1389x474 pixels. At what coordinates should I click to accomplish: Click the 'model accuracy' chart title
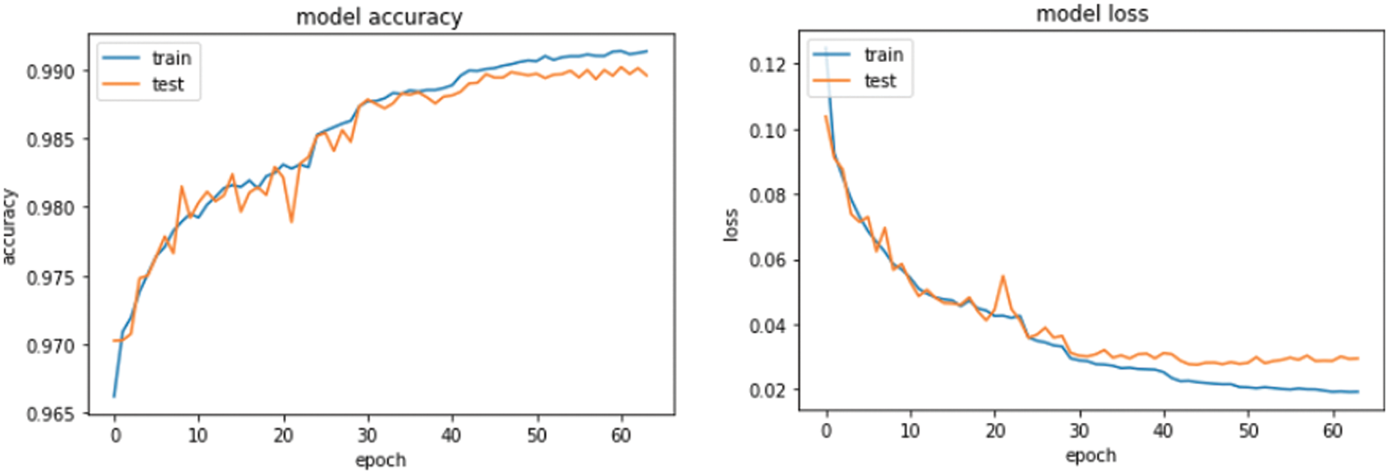coord(379,17)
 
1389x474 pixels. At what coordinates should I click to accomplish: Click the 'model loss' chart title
coord(1092,14)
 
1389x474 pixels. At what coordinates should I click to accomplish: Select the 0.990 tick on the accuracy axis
coord(50,72)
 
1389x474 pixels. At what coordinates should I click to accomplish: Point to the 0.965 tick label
coord(50,414)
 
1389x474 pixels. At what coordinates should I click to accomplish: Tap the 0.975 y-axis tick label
coord(50,278)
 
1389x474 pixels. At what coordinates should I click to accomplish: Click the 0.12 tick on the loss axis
coord(768,64)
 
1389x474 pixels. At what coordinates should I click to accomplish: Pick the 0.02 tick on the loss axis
coord(768,390)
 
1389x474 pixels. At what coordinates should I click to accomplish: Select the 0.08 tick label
coord(768,195)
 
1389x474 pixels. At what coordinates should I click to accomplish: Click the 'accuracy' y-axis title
coord(9,226)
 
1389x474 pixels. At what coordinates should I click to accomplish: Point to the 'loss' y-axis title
coord(730,224)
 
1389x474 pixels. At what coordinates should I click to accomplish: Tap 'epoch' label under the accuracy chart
coord(380,460)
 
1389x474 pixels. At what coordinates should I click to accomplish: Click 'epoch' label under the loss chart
coord(1091,456)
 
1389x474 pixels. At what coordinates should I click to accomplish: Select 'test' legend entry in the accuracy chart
coord(167,85)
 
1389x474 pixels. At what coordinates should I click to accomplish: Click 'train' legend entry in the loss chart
coord(883,55)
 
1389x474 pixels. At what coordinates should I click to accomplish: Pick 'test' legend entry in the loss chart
coord(880,81)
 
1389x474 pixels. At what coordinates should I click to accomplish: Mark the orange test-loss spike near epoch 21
coord(1002,276)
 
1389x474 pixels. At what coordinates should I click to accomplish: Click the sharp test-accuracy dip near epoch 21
coord(291,221)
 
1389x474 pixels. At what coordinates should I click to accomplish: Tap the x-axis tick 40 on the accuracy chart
coord(451,436)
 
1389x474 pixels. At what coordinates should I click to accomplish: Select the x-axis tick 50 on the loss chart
coord(1248,431)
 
